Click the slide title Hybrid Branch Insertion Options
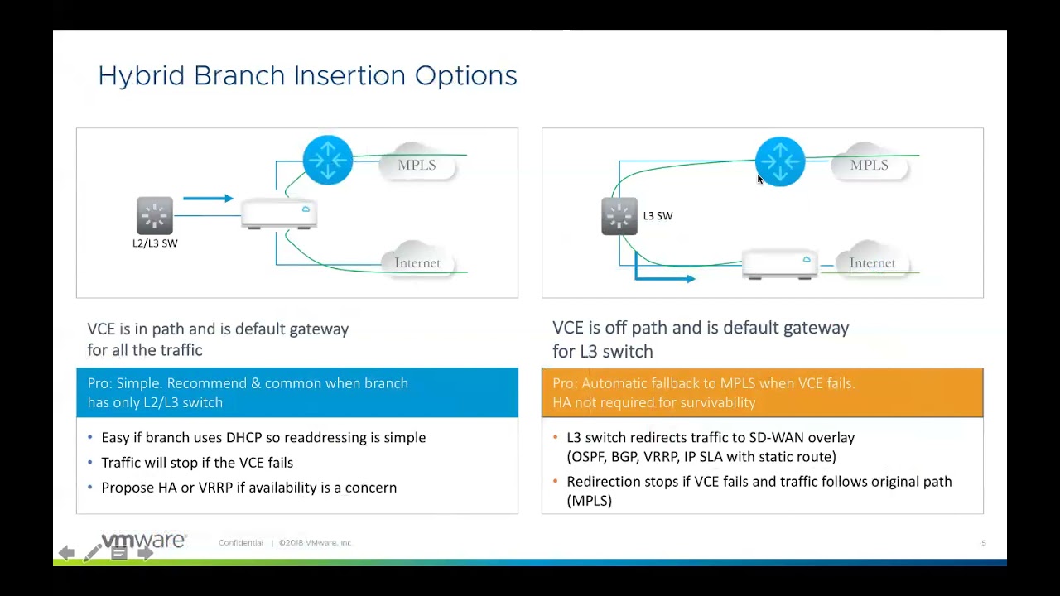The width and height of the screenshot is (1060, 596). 307,76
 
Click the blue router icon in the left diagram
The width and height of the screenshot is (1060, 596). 328,160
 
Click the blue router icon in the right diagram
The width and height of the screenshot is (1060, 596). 779,161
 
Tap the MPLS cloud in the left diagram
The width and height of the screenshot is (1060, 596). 417,165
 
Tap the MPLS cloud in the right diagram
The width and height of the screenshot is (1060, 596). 869,165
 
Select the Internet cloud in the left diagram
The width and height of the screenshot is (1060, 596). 417,262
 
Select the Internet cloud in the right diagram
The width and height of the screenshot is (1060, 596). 872,262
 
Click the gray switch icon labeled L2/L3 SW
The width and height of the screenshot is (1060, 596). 155,215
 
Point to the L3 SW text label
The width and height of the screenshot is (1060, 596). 658,216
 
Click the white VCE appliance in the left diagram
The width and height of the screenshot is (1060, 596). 278,214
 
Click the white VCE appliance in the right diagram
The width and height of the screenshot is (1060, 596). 779,264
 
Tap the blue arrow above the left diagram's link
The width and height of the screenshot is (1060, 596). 208,199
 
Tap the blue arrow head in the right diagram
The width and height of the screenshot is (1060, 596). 687,279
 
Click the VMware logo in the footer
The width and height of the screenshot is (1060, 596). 144,541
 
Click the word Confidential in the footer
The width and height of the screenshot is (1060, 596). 241,543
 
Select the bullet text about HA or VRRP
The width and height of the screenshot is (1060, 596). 248,488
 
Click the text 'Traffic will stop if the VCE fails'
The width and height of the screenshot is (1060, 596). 197,463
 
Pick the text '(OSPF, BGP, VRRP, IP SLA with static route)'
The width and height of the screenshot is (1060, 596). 701,457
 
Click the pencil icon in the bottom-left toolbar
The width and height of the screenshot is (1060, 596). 92,553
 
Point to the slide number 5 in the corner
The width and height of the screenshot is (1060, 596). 984,543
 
